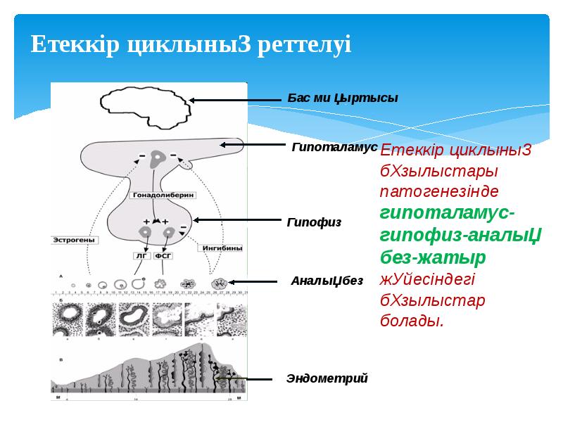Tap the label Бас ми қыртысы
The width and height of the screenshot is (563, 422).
click(343, 98)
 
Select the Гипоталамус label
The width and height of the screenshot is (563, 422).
click(335, 148)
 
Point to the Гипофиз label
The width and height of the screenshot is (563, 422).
click(314, 222)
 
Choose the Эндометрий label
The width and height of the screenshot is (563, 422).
click(327, 378)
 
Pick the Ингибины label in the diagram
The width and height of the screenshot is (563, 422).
click(222, 248)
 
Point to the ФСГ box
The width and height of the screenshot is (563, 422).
click(163, 257)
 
